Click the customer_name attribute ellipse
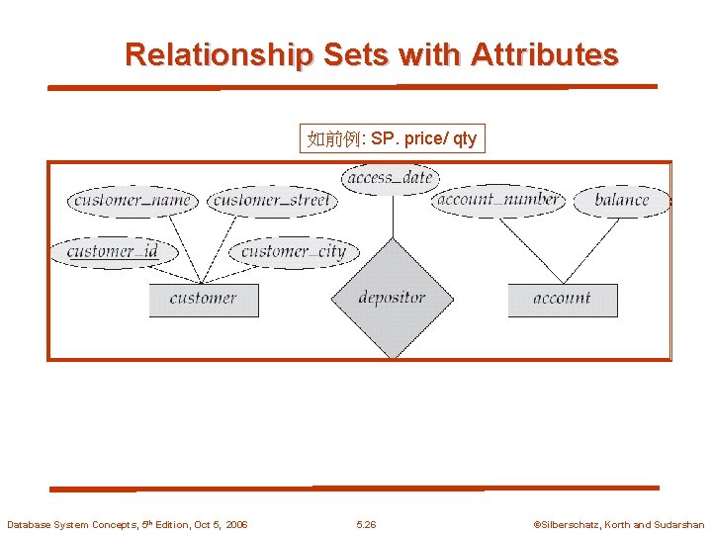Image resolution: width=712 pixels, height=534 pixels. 133,201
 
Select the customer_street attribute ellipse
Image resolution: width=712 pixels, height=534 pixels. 272,201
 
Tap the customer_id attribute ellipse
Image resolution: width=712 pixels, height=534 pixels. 113,251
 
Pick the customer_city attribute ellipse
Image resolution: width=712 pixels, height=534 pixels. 294,251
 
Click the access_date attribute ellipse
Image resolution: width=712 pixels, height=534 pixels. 391,178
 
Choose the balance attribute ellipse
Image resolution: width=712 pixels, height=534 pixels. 622,201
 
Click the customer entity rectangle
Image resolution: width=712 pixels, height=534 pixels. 204,300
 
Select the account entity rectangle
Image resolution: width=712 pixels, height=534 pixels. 562,300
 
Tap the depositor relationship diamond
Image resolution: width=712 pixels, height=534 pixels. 393,298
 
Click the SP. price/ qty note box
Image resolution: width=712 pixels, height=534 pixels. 393,138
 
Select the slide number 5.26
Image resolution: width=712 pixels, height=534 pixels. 366,524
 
